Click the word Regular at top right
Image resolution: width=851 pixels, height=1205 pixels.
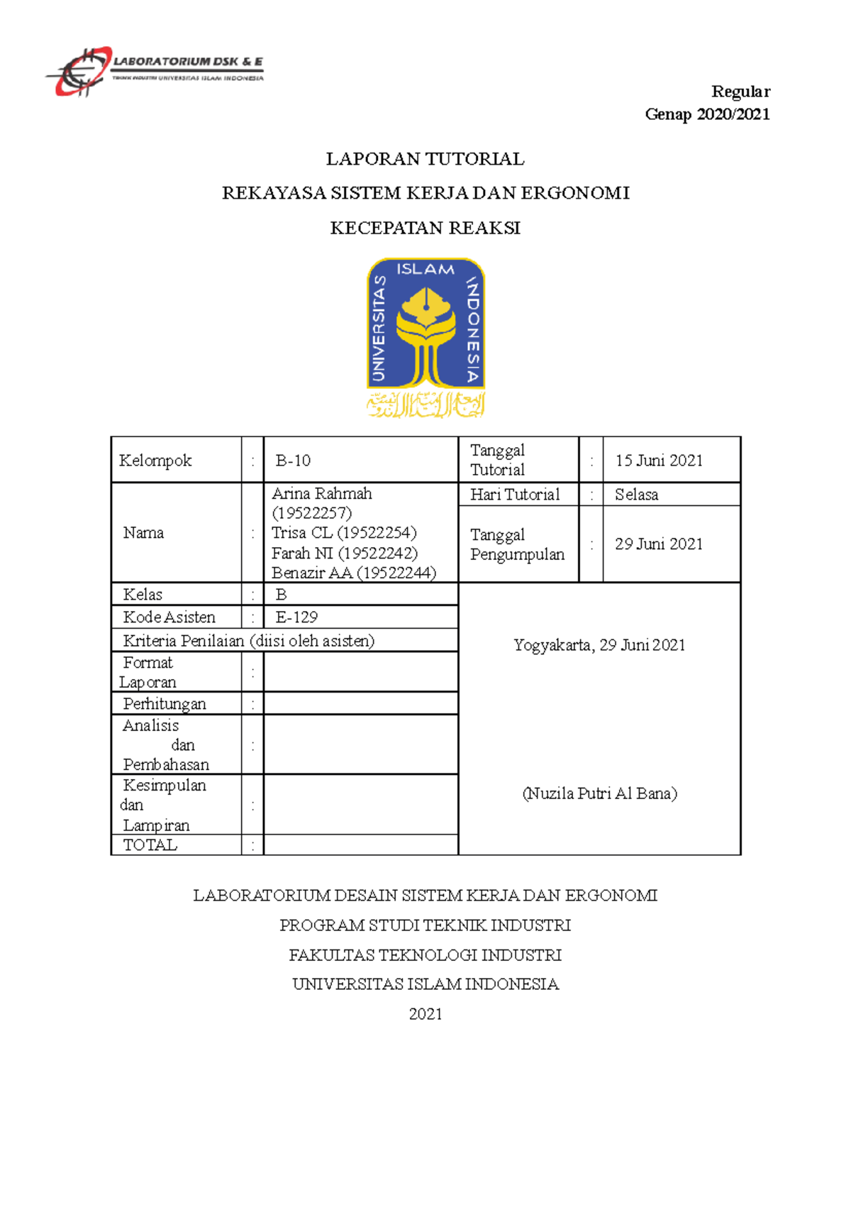click(740, 92)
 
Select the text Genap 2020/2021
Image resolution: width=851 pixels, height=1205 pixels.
click(707, 114)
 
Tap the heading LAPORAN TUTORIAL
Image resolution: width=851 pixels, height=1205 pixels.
click(425, 159)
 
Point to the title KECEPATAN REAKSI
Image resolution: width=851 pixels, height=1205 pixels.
click(425, 228)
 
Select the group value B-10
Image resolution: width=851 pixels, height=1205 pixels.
click(293, 461)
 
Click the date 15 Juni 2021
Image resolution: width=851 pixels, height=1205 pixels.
click(659, 461)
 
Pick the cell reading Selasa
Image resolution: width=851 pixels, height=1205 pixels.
click(636, 495)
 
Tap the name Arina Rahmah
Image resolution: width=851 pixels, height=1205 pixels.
click(321, 493)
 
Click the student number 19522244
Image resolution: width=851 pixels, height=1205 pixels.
click(396, 573)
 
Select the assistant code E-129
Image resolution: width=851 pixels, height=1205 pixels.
click(296, 617)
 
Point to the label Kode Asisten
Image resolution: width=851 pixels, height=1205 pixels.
click(169, 617)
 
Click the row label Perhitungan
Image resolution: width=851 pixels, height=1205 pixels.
click(165, 703)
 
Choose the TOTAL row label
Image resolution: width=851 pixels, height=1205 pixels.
click(150, 844)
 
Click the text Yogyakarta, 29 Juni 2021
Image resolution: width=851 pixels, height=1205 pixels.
click(599, 645)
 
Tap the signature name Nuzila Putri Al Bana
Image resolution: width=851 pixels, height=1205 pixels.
click(599, 793)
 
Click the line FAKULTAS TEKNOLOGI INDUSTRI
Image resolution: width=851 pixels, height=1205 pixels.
click(425, 955)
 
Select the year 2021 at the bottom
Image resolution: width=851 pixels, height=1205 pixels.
click(425, 1014)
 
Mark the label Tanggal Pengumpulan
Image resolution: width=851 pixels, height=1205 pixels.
click(517, 544)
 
